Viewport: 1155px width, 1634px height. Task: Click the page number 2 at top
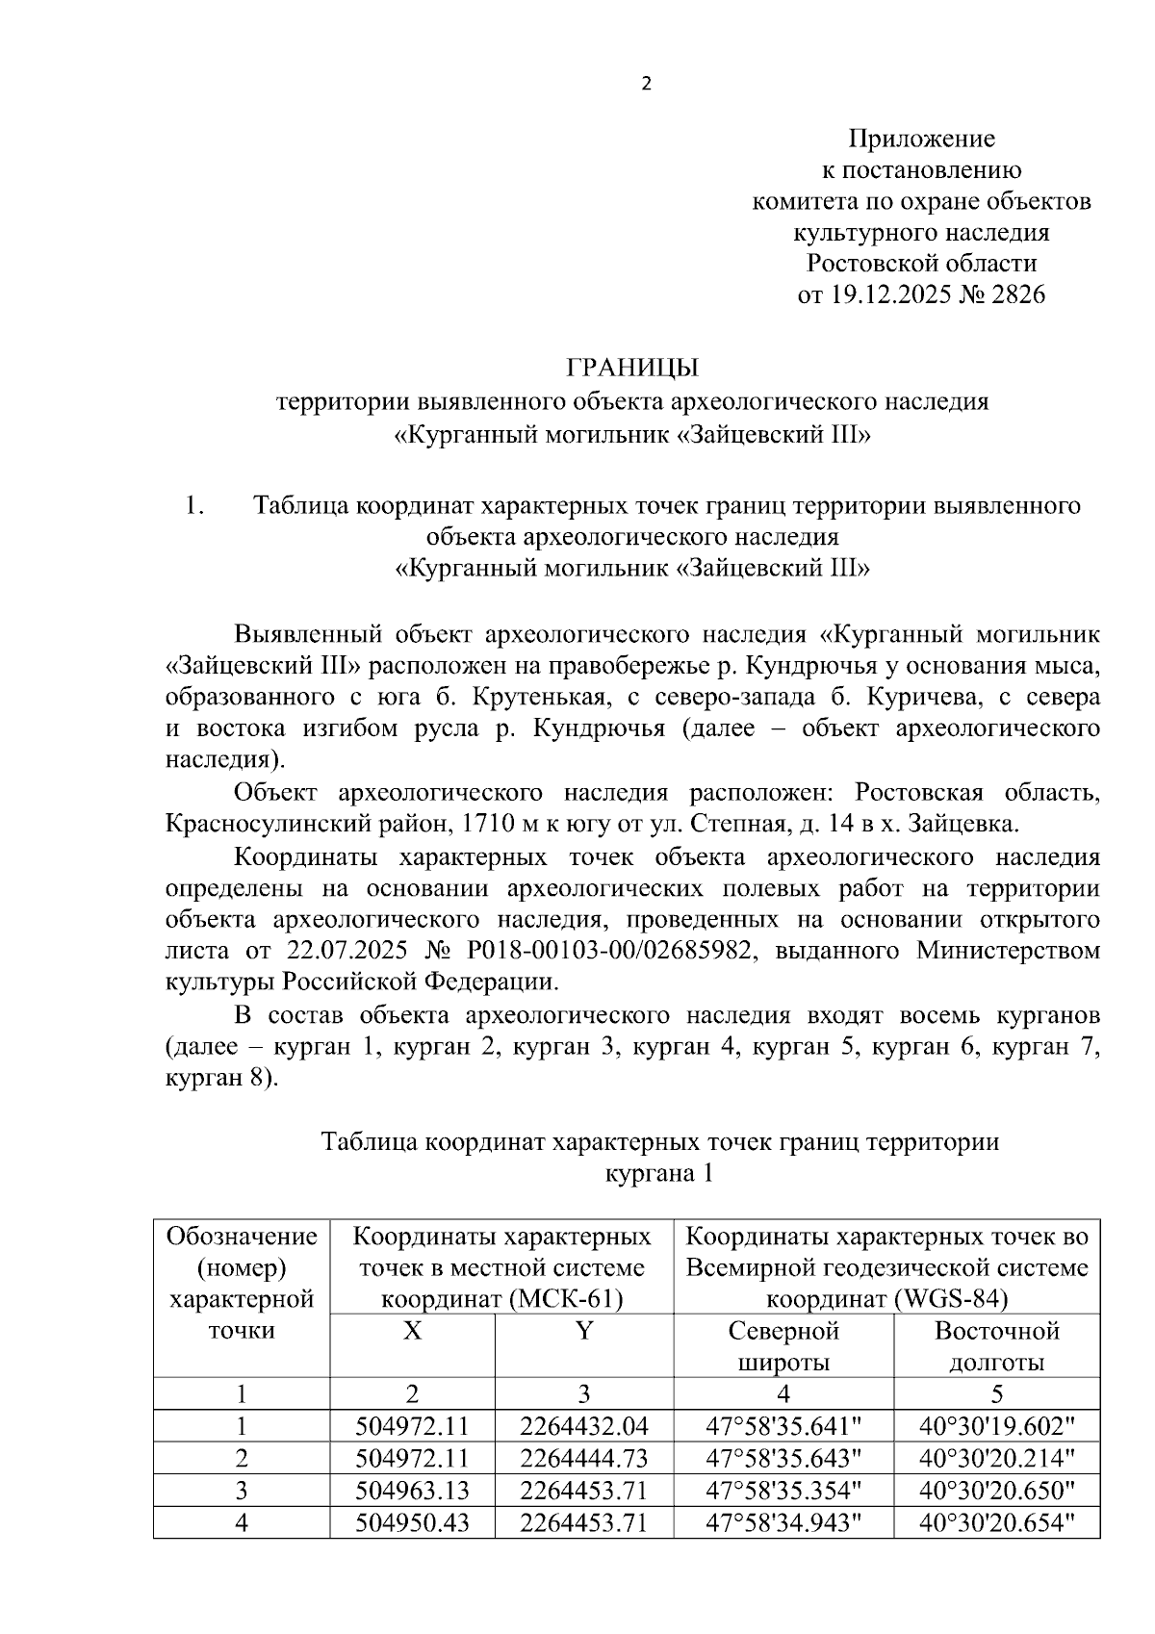[x=646, y=84]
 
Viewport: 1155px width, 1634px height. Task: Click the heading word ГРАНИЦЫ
[x=632, y=369]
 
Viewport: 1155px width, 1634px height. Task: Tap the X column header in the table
[x=412, y=1331]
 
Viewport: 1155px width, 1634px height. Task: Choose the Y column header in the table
[x=583, y=1331]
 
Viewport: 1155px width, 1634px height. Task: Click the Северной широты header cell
[x=783, y=1346]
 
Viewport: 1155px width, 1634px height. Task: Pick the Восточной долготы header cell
[x=996, y=1346]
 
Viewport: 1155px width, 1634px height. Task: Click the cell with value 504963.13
[x=412, y=1491]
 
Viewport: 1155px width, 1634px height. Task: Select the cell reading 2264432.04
[x=583, y=1427]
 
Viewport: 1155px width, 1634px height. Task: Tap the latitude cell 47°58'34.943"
[x=783, y=1523]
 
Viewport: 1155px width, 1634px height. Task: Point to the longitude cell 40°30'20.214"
[x=996, y=1459]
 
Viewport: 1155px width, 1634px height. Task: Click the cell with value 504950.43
[x=412, y=1523]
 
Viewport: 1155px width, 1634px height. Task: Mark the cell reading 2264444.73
[x=583, y=1459]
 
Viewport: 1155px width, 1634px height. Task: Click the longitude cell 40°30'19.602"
[x=996, y=1427]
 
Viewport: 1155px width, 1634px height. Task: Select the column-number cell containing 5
[x=996, y=1394]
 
